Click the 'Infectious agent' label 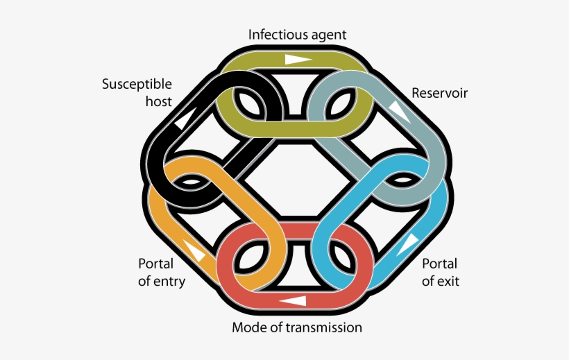click(297, 35)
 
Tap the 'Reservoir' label click(439, 93)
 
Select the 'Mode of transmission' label click(297, 327)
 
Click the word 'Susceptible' click(137, 85)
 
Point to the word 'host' click(159, 101)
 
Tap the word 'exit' click(450, 281)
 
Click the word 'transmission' click(323, 327)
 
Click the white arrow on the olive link click(298, 60)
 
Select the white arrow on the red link click(293, 301)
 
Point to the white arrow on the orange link click(194, 250)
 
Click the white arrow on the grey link click(400, 112)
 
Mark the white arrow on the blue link click(408, 245)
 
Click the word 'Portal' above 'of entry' click(156, 264)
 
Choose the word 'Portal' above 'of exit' click(439, 264)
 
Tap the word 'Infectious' click(278, 35)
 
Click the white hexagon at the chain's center click(296, 180)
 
